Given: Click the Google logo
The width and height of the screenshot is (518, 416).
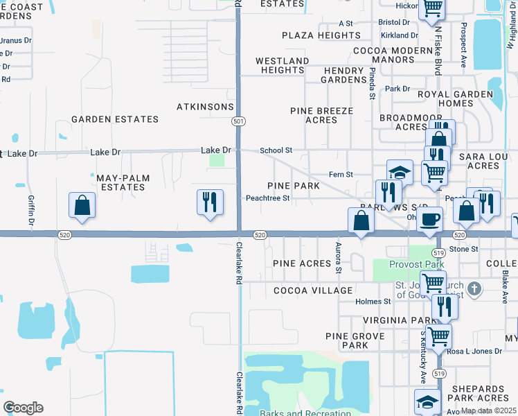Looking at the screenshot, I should pos(23,408).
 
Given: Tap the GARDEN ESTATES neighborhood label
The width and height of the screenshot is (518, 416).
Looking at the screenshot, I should pos(114,119).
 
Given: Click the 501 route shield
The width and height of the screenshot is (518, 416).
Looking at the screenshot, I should pos(238,121).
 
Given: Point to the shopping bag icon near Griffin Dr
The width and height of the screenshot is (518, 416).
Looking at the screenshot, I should pos(82,205).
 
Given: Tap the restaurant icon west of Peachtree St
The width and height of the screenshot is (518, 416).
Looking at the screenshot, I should pos(210,202).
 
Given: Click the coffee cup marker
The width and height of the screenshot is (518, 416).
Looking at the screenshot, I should pos(429,219).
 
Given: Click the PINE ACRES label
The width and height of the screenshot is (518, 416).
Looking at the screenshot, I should pos(301,263).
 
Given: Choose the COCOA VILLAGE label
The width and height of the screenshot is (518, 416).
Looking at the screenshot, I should pos(313,291).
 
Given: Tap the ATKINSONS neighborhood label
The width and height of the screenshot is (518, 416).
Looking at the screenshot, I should pos(206,107).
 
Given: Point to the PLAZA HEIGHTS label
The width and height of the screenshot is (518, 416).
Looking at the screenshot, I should pos(321,35).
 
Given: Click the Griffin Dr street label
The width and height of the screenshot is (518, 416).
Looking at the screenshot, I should pos(31,211).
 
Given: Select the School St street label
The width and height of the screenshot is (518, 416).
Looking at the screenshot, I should pos(276,150).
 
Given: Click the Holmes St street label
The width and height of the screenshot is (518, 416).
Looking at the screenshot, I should pos(373,302).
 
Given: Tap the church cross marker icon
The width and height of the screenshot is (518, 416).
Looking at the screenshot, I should pos(474,288).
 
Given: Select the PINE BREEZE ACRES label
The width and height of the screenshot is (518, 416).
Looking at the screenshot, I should pos(321,115).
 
